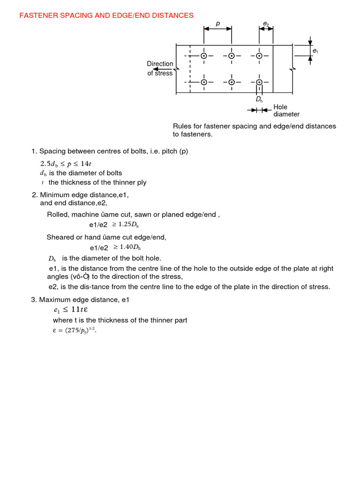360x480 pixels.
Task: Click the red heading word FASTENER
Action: click(38, 15)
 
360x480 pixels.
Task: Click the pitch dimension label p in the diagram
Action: click(217, 23)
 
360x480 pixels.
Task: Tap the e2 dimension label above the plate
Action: click(266, 23)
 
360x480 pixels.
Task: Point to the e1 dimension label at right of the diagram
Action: click(315, 51)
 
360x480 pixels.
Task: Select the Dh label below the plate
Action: click(259, 100)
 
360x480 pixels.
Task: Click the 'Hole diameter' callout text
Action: click(286, 111)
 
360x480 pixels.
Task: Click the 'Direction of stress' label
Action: click(160, 68)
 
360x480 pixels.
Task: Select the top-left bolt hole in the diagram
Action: click(204, 56)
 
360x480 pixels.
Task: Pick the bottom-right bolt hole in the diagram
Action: click(259, 82)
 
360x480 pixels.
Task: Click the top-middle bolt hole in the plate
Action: click(232, 56)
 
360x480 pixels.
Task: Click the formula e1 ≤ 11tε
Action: click(70, 310)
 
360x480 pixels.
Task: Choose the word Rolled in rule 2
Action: click(57, 215)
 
